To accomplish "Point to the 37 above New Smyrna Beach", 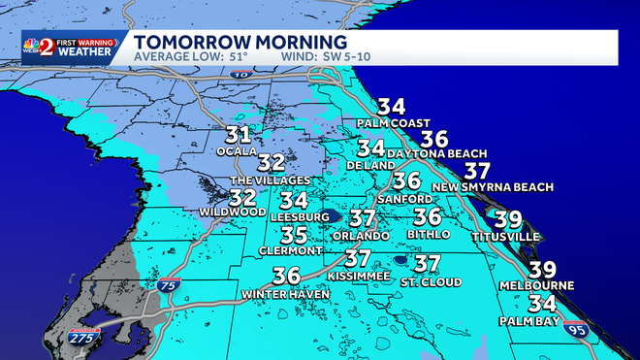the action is [x=478, y=171].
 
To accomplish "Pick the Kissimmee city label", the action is [x=358, y=277].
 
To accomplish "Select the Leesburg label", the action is [x=294, y=217].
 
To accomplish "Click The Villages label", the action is [x=271, y=180].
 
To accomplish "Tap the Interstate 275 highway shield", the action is [x=82, y=340].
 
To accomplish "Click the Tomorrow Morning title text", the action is [x=240, y=43].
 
